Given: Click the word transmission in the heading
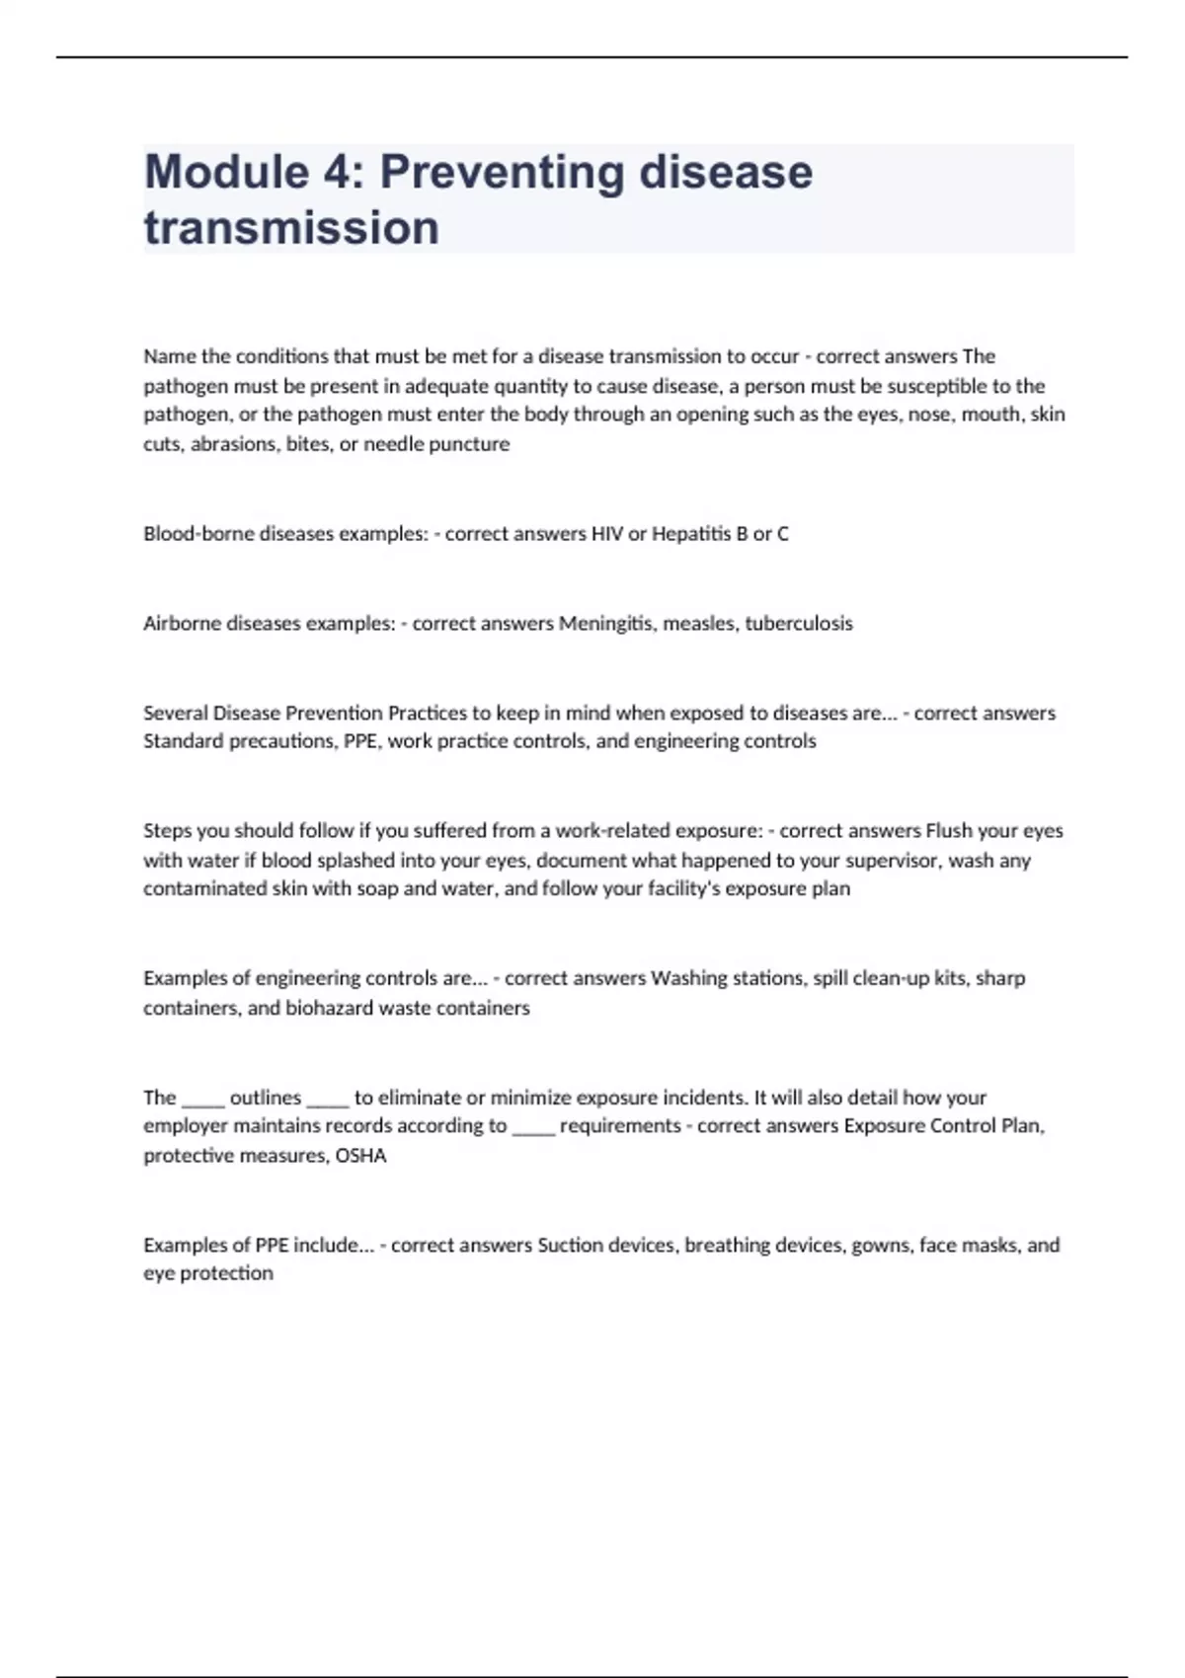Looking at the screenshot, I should click(291, 228).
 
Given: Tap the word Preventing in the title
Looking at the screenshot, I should click(502, 173).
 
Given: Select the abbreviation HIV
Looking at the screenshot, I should click(606, 534).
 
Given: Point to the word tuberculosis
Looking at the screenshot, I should click(798, 624).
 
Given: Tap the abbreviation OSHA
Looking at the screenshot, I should click(360, 1156).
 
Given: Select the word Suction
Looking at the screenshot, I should click(570, 1246).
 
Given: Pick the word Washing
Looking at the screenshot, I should click(686, 979).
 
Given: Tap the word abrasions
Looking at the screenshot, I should click(233, 444).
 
